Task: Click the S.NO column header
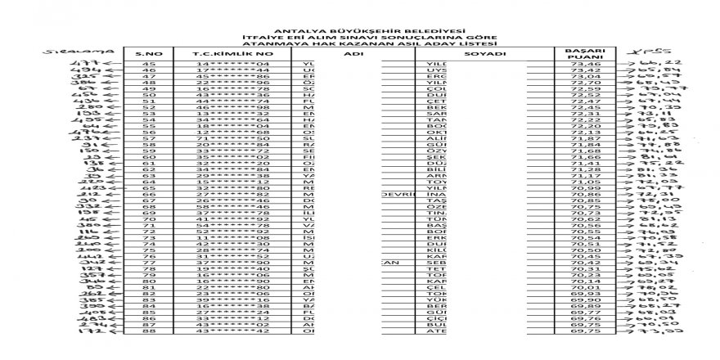149,53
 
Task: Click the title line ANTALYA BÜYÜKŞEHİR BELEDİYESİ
359,28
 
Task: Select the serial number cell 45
149,64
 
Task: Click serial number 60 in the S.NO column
149,157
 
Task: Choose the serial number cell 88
149,331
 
